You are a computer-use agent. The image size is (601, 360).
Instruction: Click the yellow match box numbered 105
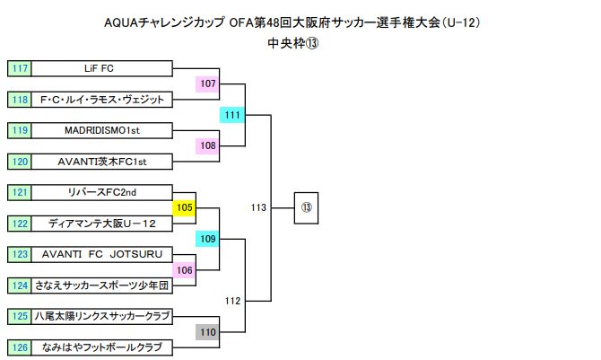(185, 208)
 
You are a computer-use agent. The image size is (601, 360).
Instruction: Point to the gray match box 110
(208, 332)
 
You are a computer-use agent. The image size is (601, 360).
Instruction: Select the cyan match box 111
(232, 115)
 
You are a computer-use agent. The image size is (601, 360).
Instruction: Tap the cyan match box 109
(208, 239)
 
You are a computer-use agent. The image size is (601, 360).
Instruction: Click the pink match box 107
(208, 83)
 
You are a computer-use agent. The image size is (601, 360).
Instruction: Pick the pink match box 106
(185, 270)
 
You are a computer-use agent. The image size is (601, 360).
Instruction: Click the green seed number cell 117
(20, 68)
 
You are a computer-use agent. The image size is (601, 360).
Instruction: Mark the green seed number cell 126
(20, 347)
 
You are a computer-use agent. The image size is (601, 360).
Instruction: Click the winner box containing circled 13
(306, 207)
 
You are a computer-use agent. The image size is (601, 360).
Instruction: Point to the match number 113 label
(259, 207)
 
